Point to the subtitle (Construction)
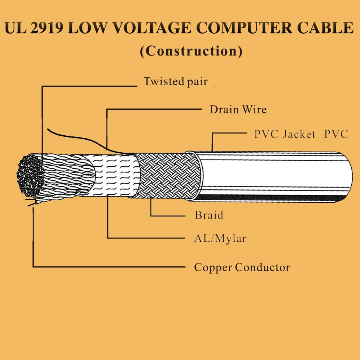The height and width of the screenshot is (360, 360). (191, 51)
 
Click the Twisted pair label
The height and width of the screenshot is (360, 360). (176, 82)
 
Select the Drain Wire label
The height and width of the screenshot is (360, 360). (238, 109)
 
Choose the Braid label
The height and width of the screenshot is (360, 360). (209, 215)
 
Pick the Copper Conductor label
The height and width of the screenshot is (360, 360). (242, 267)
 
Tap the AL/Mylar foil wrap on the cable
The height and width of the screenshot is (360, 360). (116, 175)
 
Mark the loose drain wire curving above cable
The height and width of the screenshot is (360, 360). (83, 139)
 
